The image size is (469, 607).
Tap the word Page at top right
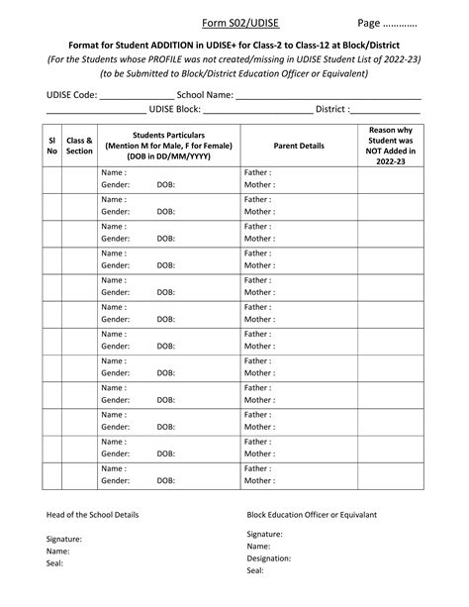tap(368, 23)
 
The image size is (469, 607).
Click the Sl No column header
tap(51, 146)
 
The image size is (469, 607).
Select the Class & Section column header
tap(79, 146)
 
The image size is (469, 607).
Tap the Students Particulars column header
tap(167, 146)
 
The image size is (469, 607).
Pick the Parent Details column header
tap(298, 146)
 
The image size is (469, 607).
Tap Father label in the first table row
tap(257, 172)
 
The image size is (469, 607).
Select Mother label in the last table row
tap(259, 480)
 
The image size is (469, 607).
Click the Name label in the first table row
tap(114, 172)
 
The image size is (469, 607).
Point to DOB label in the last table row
tap(165, 480)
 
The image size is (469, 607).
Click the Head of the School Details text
tap(92, 515)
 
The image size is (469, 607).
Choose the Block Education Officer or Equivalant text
tap(312, 515)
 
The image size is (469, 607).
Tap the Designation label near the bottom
tap(269, 557)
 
